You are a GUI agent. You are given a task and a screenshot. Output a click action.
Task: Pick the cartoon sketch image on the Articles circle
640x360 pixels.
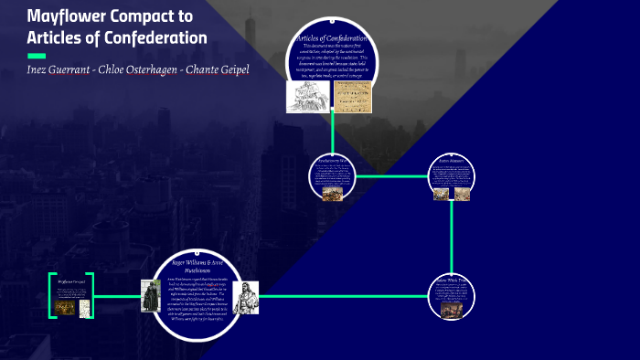(308, 97)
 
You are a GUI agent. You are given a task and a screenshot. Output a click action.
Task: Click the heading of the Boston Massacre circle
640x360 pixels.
(452, 160)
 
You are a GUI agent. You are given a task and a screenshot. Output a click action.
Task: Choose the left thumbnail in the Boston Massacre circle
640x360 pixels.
(441, 193)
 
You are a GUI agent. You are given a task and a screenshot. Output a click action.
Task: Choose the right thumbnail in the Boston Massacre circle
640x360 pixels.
(463, 193)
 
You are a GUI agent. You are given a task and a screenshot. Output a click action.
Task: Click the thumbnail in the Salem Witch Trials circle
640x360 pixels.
(452, 312)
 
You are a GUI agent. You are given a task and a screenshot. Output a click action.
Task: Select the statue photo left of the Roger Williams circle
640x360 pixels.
(150, 296)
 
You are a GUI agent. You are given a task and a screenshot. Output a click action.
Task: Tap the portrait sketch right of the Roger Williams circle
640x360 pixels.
(246, 298)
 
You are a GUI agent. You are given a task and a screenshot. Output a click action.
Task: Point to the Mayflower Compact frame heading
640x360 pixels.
(70, 281)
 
